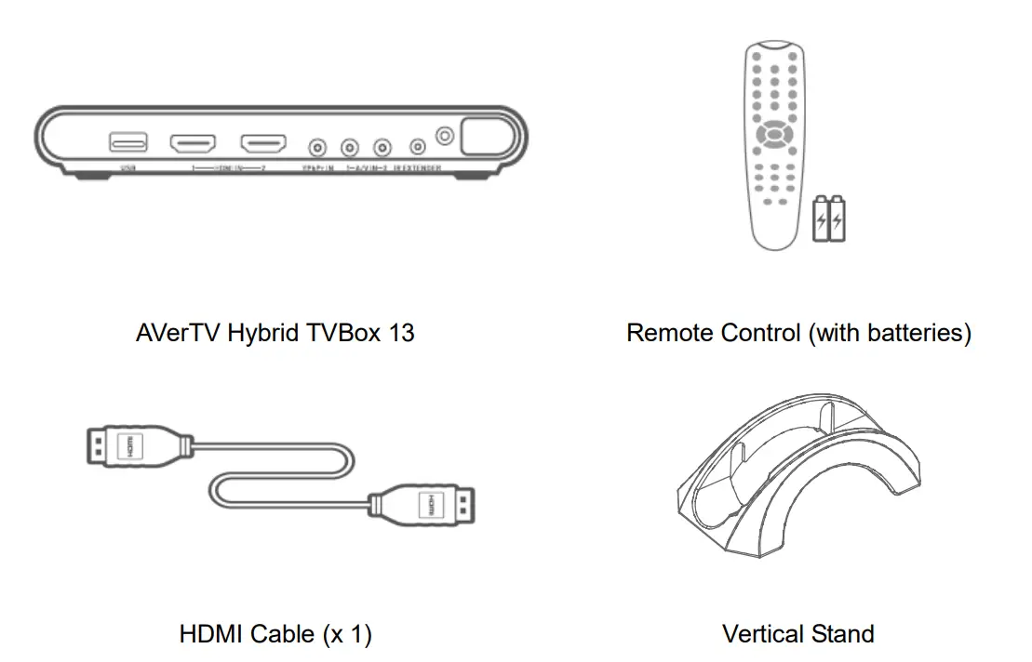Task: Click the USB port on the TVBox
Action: pyautogui.click(x=127, y=142)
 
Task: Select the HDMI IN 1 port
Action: pyautogui.click(x=192, y=144)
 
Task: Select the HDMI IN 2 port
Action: pyautogui.click(x=263, y=144)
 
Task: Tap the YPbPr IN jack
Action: pyautogui.click(x=318, y=147)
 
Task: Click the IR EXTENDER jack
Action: pyautogui.click(x=418, y=147)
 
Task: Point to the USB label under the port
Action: pyautogui.click(x=127, y=169)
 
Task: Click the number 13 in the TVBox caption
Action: pyautogui.click(x=400, y=333)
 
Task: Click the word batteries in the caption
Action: pyautogui.click(x=915, y=333)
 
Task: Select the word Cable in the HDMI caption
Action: pyautogui.click(x=282, y=635)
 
